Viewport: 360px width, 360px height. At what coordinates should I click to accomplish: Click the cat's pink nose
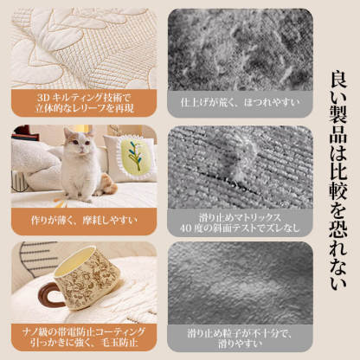tap(81, 148)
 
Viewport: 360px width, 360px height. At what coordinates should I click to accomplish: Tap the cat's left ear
tap(67, 133)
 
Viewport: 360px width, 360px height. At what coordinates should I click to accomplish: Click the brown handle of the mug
tap(49, 294)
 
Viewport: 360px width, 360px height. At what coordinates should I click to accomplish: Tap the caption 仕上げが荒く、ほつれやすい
tap(241, 103)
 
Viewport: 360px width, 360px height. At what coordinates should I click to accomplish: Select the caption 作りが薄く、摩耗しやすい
tap(84, 221)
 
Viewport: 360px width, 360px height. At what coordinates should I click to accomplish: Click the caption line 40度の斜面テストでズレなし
tap(240, 228)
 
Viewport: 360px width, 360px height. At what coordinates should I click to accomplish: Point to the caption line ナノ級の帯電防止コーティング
tap(84, 332)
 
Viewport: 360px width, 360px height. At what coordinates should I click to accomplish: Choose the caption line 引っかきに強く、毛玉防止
tap(84, 343)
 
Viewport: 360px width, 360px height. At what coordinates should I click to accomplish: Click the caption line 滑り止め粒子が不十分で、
tap(240, 334)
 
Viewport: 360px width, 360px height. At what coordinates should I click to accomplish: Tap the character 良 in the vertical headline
tap(338, 80)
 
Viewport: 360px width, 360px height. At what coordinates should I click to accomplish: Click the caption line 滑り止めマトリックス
tap(240, 218)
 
